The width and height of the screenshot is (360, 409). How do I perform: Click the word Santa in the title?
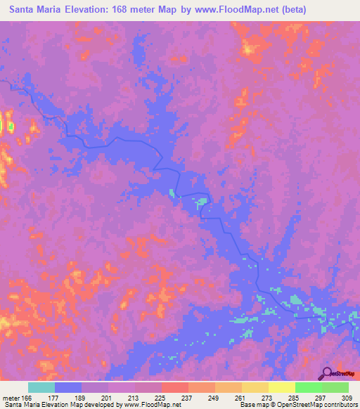25,11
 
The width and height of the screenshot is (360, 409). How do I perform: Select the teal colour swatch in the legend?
41,387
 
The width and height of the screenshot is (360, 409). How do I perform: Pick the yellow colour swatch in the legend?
282,387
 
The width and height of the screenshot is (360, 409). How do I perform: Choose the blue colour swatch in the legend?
68,387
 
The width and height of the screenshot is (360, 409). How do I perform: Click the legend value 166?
27,398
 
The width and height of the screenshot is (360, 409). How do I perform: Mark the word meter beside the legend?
11,398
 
